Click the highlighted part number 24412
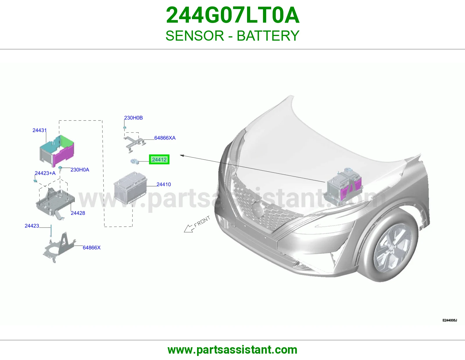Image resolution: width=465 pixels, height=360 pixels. (x=159, y=159)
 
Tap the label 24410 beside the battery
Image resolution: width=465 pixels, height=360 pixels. (x=164, y=184)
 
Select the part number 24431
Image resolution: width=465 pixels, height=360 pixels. (x=39, y=130)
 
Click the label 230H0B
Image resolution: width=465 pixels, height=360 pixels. (x=133, y=118)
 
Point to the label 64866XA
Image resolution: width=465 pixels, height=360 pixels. (x=165, y=138)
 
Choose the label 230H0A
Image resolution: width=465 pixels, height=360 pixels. (x=80, y=170)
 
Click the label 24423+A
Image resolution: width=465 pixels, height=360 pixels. (x=45, y=173)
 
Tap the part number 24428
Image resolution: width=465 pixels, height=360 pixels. (x=78, y=213)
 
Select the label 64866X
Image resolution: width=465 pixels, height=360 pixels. (x=92, y=248)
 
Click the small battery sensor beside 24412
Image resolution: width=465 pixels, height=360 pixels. (x=135, y=161)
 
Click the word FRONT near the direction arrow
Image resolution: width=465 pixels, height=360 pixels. (x=202, y=222)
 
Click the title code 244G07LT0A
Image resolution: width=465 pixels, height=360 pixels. (x=233, y=15)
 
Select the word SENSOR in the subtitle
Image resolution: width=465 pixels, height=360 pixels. (x=195, y=36)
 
